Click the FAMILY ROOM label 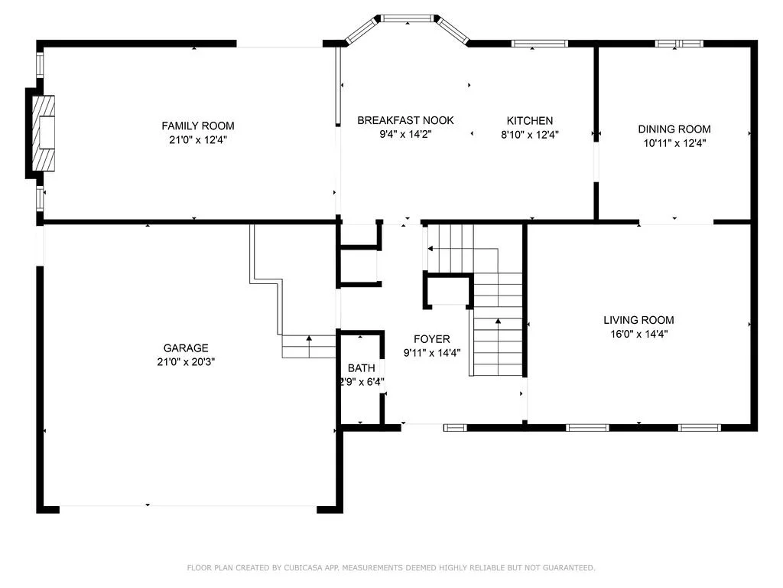(x=198, y=126)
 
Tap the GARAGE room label (x=186, y=348)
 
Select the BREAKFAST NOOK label (x=405, y=120)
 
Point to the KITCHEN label (x=530, y=121)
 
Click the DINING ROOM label (x=674, y=129)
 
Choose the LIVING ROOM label (x=638, y=321)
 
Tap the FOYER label (x=432, y=339)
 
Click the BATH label (x=362, y=368)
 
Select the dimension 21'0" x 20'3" (x=186, y=362)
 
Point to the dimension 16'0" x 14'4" (x=639, y=334)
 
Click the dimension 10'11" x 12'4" (x=674, y=143)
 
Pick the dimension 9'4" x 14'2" (x=405, y=135)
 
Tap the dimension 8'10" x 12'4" (x=530, y=135)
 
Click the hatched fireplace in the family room (x=44, y=133)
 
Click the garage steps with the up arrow (x=309, y=347)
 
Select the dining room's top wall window (x=679, y=44)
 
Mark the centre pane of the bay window (x=408, y=19)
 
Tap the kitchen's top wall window (x=540, y=44)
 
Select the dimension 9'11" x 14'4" (x=432, y=353)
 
